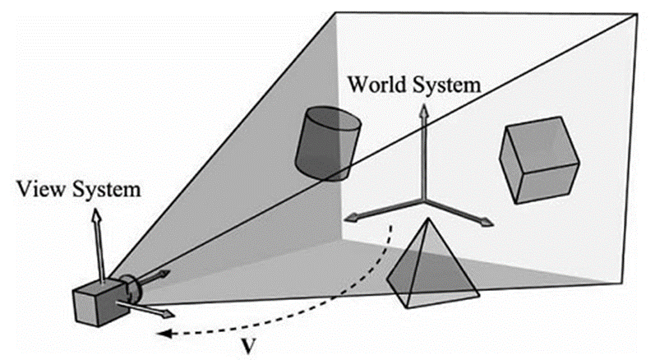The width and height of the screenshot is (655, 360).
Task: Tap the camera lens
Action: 132,288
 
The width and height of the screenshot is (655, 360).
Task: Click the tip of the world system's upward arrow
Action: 424,109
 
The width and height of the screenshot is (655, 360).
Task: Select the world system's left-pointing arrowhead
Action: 349,218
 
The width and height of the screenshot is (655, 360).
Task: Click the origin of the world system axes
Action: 424,201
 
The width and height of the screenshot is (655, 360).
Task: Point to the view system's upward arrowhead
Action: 97,214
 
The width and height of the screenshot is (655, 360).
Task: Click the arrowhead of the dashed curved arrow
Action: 163,334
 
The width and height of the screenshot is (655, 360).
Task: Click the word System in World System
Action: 445,84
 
